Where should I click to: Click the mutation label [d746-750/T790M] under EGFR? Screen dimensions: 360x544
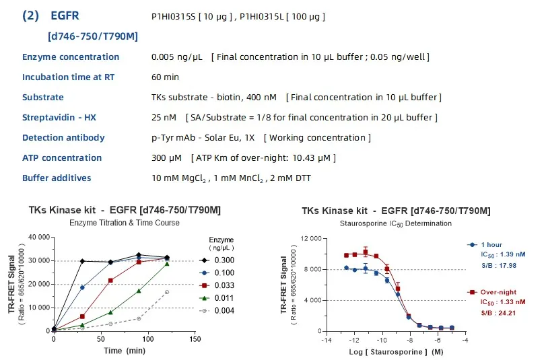[x=92, y=36]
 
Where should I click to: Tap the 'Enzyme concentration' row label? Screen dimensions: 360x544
[x=71, y=57]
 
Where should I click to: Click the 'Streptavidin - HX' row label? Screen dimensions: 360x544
[x=59, y=118]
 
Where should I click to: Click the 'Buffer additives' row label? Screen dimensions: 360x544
[x=57, y=178]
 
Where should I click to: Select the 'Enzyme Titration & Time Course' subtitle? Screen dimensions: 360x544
[x=124, y=222]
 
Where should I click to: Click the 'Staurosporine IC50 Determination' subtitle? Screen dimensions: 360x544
[x=395, y=223]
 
